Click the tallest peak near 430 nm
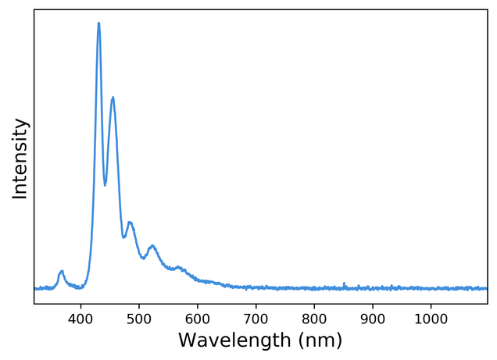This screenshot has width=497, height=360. click(98, 23)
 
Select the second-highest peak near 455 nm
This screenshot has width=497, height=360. click(113, 98)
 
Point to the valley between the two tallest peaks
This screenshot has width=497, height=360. click(105, 185)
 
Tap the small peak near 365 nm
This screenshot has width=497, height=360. click(61, 271)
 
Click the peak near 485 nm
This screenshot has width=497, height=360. click(130, 223)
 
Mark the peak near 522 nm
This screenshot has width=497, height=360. click(152, 246)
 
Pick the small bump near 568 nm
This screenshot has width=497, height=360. click(179, 267)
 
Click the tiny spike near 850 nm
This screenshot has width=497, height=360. click(345, 283)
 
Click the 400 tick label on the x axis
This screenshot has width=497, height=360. click(80, 319)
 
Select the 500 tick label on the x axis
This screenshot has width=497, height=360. click(139, 319)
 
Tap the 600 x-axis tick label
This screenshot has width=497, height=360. click(198, 319)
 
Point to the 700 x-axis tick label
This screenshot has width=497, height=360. click(256, 319)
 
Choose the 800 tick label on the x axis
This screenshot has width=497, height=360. click(314, 319)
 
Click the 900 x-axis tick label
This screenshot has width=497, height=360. click(373, 319)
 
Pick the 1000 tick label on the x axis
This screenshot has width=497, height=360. click(431, 319)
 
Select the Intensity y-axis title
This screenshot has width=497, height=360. click(20, 159)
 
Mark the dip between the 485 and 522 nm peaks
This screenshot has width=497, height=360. click(142, 258)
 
